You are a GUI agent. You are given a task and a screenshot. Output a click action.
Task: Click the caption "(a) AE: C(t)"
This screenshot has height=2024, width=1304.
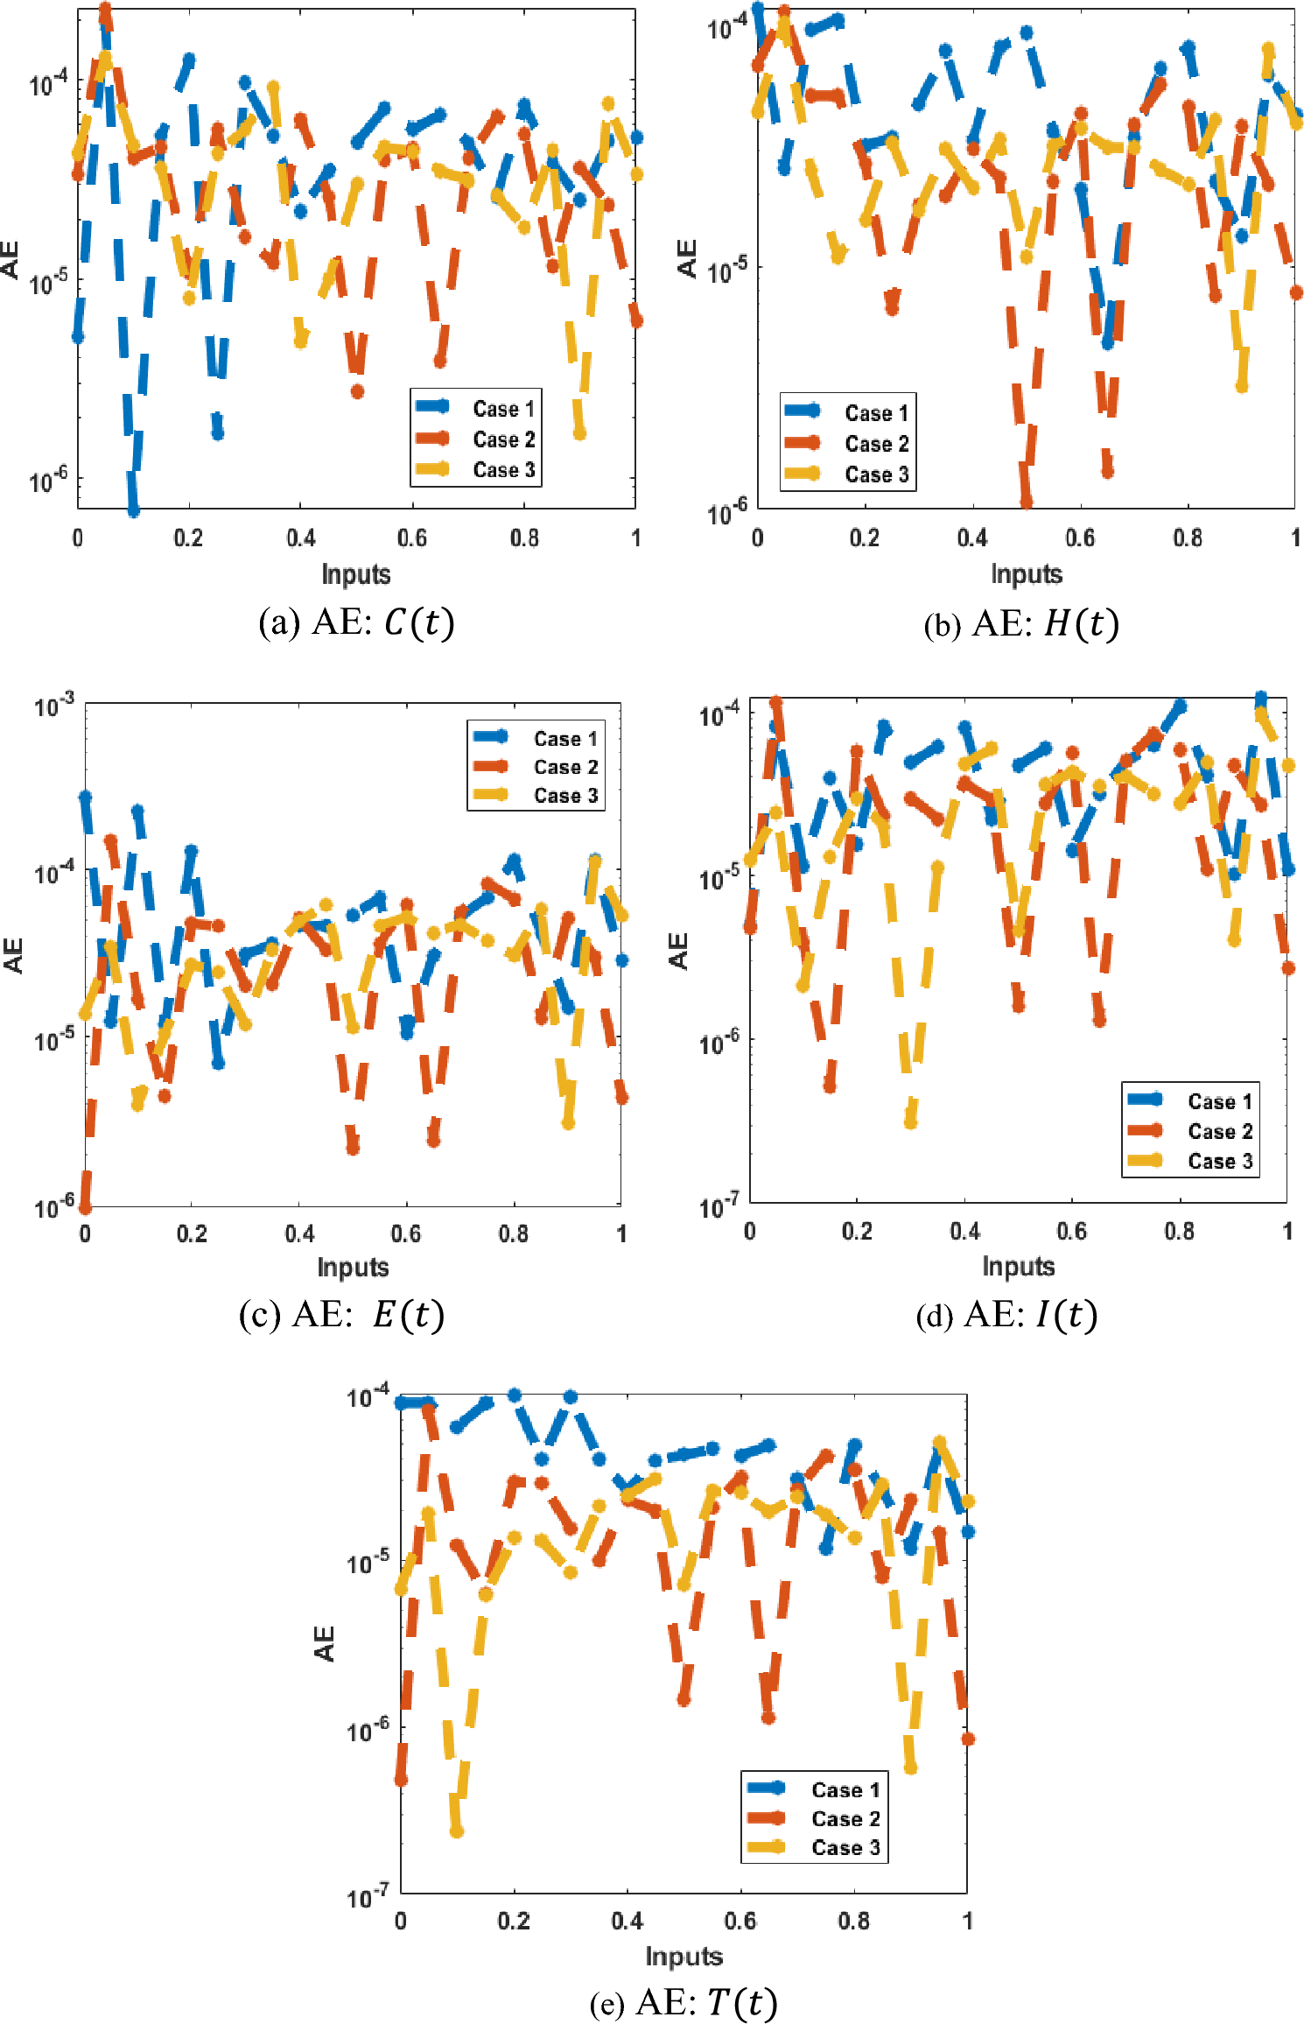pos(356,622)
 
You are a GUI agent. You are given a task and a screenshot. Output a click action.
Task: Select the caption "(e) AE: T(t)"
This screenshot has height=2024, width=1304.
pos(684,2001)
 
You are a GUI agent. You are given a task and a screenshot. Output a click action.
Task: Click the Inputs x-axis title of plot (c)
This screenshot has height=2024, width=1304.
pos(353,1267)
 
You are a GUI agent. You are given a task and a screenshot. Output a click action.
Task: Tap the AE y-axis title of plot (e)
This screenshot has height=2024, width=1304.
pos(325,1643)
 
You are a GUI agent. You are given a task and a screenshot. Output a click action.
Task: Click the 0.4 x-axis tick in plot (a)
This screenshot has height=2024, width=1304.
pos(300,538)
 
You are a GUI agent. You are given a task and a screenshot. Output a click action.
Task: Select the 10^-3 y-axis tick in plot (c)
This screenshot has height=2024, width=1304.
pos(54,706)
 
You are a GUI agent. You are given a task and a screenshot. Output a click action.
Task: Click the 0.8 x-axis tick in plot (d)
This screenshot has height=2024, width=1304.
pos(1179,1231)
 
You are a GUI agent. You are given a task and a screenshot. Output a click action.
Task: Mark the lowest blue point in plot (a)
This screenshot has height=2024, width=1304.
pos(133,510)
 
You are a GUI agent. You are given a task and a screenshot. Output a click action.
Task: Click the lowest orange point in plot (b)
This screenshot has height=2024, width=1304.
pos(1026,502)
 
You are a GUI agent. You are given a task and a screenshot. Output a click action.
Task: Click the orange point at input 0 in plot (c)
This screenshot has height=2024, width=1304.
pos(85,1208)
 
